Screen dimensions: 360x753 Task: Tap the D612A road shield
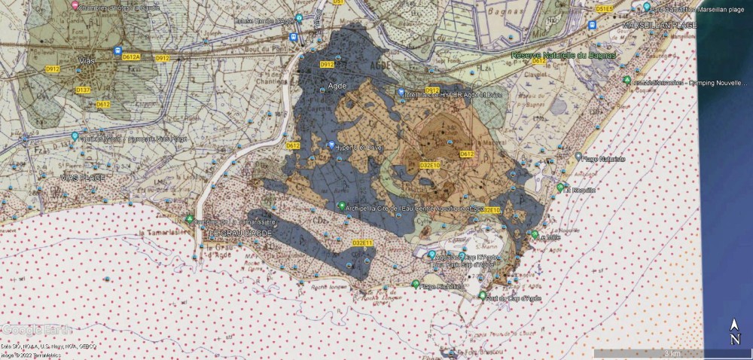133,57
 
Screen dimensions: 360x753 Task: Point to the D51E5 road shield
605,8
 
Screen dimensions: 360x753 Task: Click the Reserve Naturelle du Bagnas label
563,55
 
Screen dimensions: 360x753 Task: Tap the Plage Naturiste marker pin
578,157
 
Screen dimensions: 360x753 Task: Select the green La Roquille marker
560,187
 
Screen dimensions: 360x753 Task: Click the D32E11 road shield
363,243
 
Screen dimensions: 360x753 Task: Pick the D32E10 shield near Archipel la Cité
489,210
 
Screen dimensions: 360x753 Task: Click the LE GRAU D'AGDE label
239,235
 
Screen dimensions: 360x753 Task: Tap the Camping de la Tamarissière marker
190,220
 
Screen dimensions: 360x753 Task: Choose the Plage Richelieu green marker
416,283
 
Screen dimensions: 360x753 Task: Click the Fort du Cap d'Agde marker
483,295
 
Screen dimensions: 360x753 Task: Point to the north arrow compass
734,331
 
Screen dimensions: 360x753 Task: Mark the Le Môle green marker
534,235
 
